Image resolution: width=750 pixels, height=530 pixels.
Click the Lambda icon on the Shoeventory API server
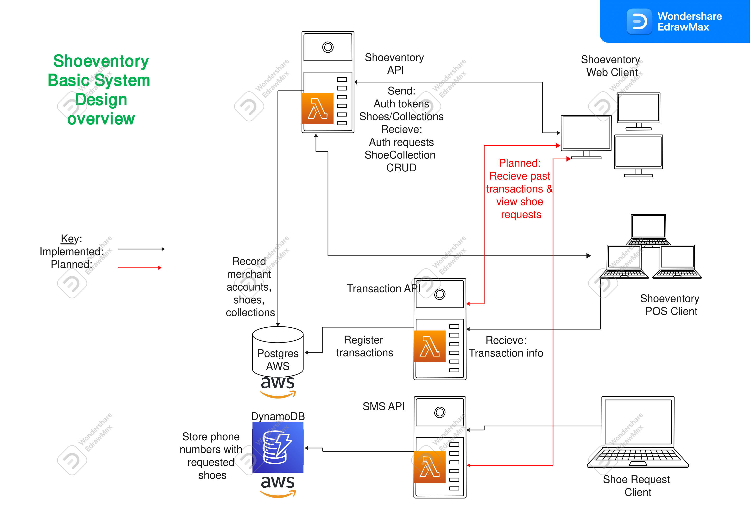[x=317, y=108]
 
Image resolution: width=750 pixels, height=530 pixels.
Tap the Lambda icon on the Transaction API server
[x=429, y=346]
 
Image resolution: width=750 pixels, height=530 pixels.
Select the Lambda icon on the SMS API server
[x=429, y=467]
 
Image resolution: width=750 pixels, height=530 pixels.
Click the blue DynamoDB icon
[x=278, y=447]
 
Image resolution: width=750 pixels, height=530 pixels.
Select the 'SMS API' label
[x=384, y=406]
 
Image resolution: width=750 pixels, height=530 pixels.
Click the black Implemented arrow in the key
[x=141, y=249]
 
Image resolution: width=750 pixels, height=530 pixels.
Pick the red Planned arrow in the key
[x=140, y=268]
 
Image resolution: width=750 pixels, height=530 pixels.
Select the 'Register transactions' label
[x=365, y=346]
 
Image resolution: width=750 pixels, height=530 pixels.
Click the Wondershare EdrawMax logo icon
[x=639, y=22]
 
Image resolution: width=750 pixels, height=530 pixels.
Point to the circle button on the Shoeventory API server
[x=328, y=47]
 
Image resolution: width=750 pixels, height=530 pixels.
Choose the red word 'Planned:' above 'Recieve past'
[x=520, y=163]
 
